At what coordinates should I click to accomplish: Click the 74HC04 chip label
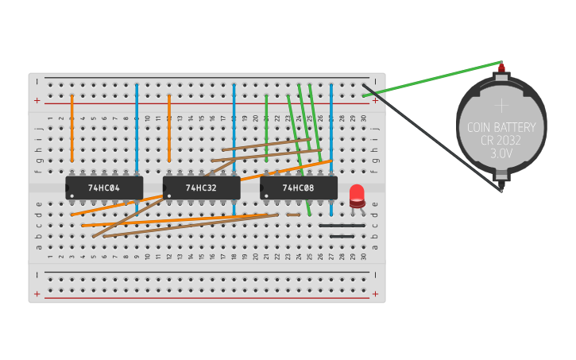[104, 188]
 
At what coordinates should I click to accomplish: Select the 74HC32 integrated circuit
[201, 188]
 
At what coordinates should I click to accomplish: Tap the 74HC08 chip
[299, 188]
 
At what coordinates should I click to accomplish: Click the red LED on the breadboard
[357, 194]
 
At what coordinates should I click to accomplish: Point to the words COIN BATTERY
[501, 127]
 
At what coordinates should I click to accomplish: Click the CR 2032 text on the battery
[501, 140]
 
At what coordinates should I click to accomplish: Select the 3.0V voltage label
[501, 153]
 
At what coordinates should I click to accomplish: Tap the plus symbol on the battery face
[501, 104]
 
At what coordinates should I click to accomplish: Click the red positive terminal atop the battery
[501, 69]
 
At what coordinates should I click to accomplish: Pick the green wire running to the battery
[433, 79]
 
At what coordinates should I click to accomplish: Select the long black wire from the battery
[433, 137]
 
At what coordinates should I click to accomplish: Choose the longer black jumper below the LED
[342, 226]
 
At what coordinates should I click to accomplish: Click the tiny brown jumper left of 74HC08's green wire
[294, 215]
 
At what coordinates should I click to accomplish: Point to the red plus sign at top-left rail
[37, 101]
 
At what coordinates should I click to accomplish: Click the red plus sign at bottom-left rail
[37, 294]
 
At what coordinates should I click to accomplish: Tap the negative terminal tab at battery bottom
[501, 189]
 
